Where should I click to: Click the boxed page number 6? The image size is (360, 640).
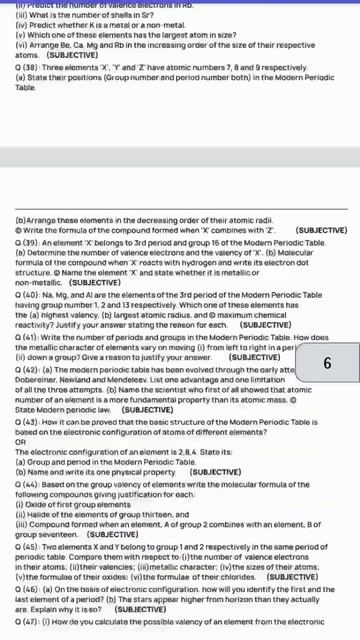[x=327, y=363]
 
